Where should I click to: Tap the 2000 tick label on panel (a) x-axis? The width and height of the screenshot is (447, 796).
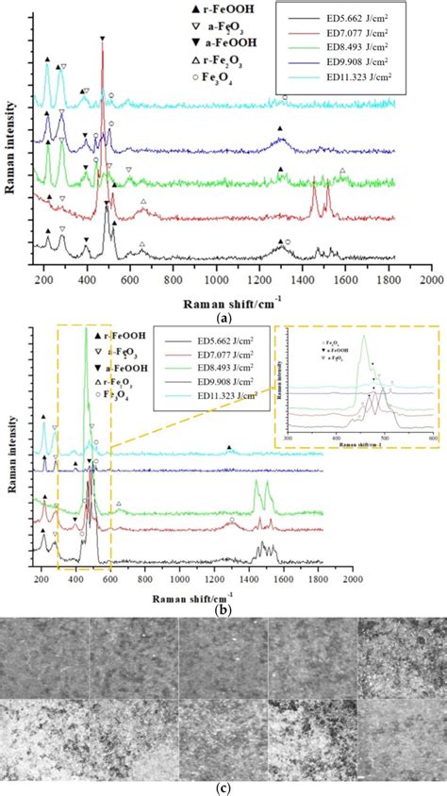[431, 279]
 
